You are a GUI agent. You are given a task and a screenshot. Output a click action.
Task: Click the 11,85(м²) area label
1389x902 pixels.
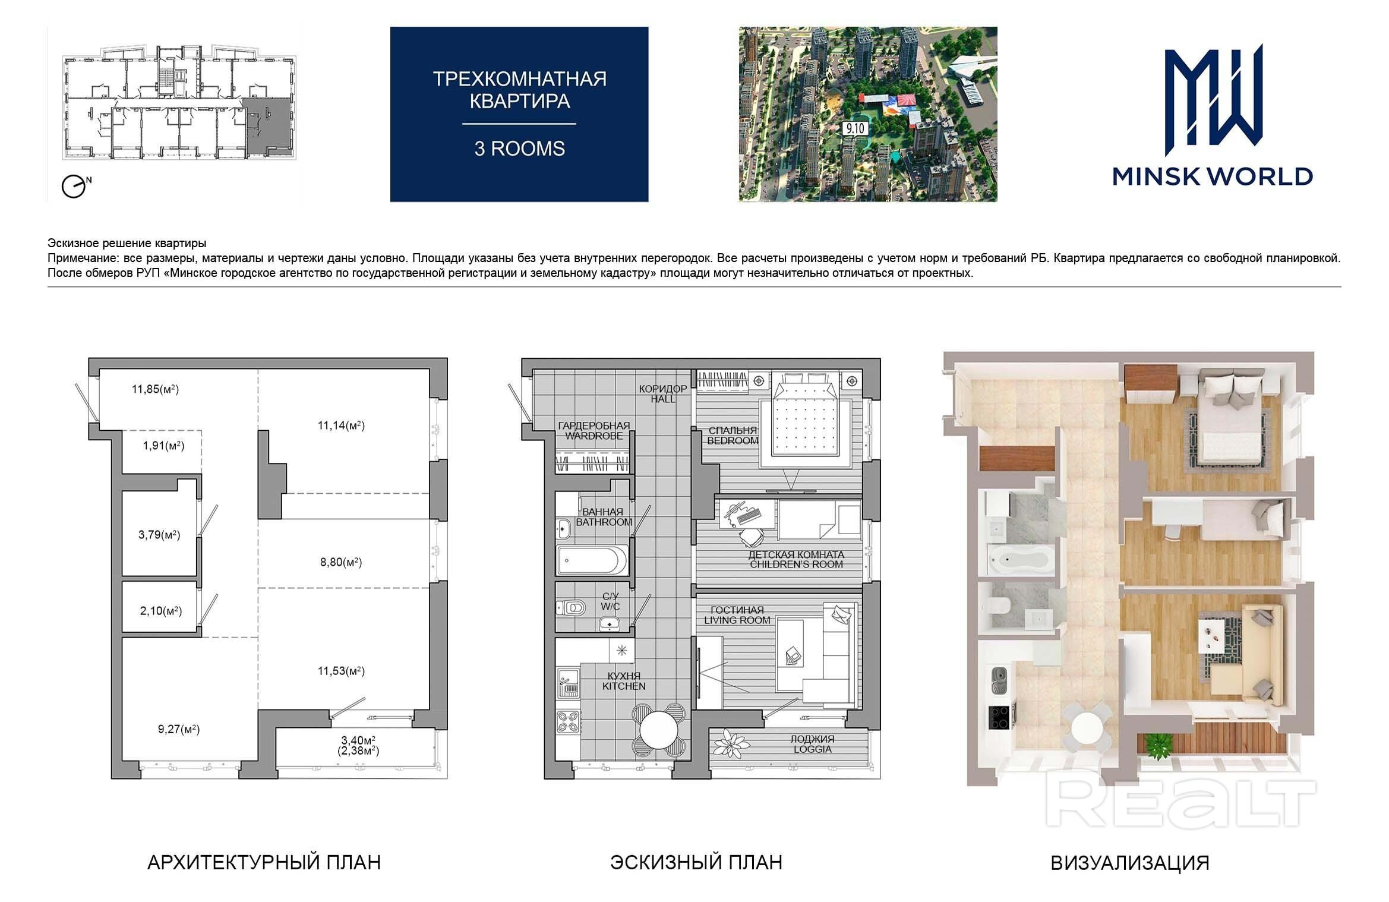pyautogui.click(x=155, y=389)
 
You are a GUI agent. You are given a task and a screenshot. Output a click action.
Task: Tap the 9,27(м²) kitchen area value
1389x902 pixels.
pyautogui.click(x=179, y=729)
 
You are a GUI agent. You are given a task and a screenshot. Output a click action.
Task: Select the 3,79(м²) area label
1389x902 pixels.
pyautogui.click(x=159, y=535)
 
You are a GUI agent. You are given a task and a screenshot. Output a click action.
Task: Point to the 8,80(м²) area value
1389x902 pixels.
pyautogui.click(x=341, y=562)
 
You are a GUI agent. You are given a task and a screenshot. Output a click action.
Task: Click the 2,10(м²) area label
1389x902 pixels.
pyautogui.click(x=161, y=611)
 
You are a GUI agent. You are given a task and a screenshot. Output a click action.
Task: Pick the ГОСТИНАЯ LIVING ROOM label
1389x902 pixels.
pyautogui.click(x=737, y=615)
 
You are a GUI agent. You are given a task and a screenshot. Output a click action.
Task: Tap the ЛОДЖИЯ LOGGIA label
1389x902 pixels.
pyautogui.click(x=812, y=744)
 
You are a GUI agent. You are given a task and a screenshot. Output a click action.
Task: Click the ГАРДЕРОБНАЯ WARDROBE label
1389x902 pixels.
pyautogui.click(x=594, y=431)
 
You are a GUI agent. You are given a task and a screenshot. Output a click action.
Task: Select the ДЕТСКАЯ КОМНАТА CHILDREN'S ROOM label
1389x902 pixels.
pyautogui.click(x=796, y=559)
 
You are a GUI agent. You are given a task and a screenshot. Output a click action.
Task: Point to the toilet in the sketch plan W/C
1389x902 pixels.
pyautogui.click(x=573, y=607)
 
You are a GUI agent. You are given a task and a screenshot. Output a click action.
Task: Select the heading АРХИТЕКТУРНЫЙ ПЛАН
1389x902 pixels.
pyautogui.click(x=264, y=862)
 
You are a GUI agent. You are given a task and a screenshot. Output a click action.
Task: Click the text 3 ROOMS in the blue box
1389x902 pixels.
pyautogui.click(x=519, y=149)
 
